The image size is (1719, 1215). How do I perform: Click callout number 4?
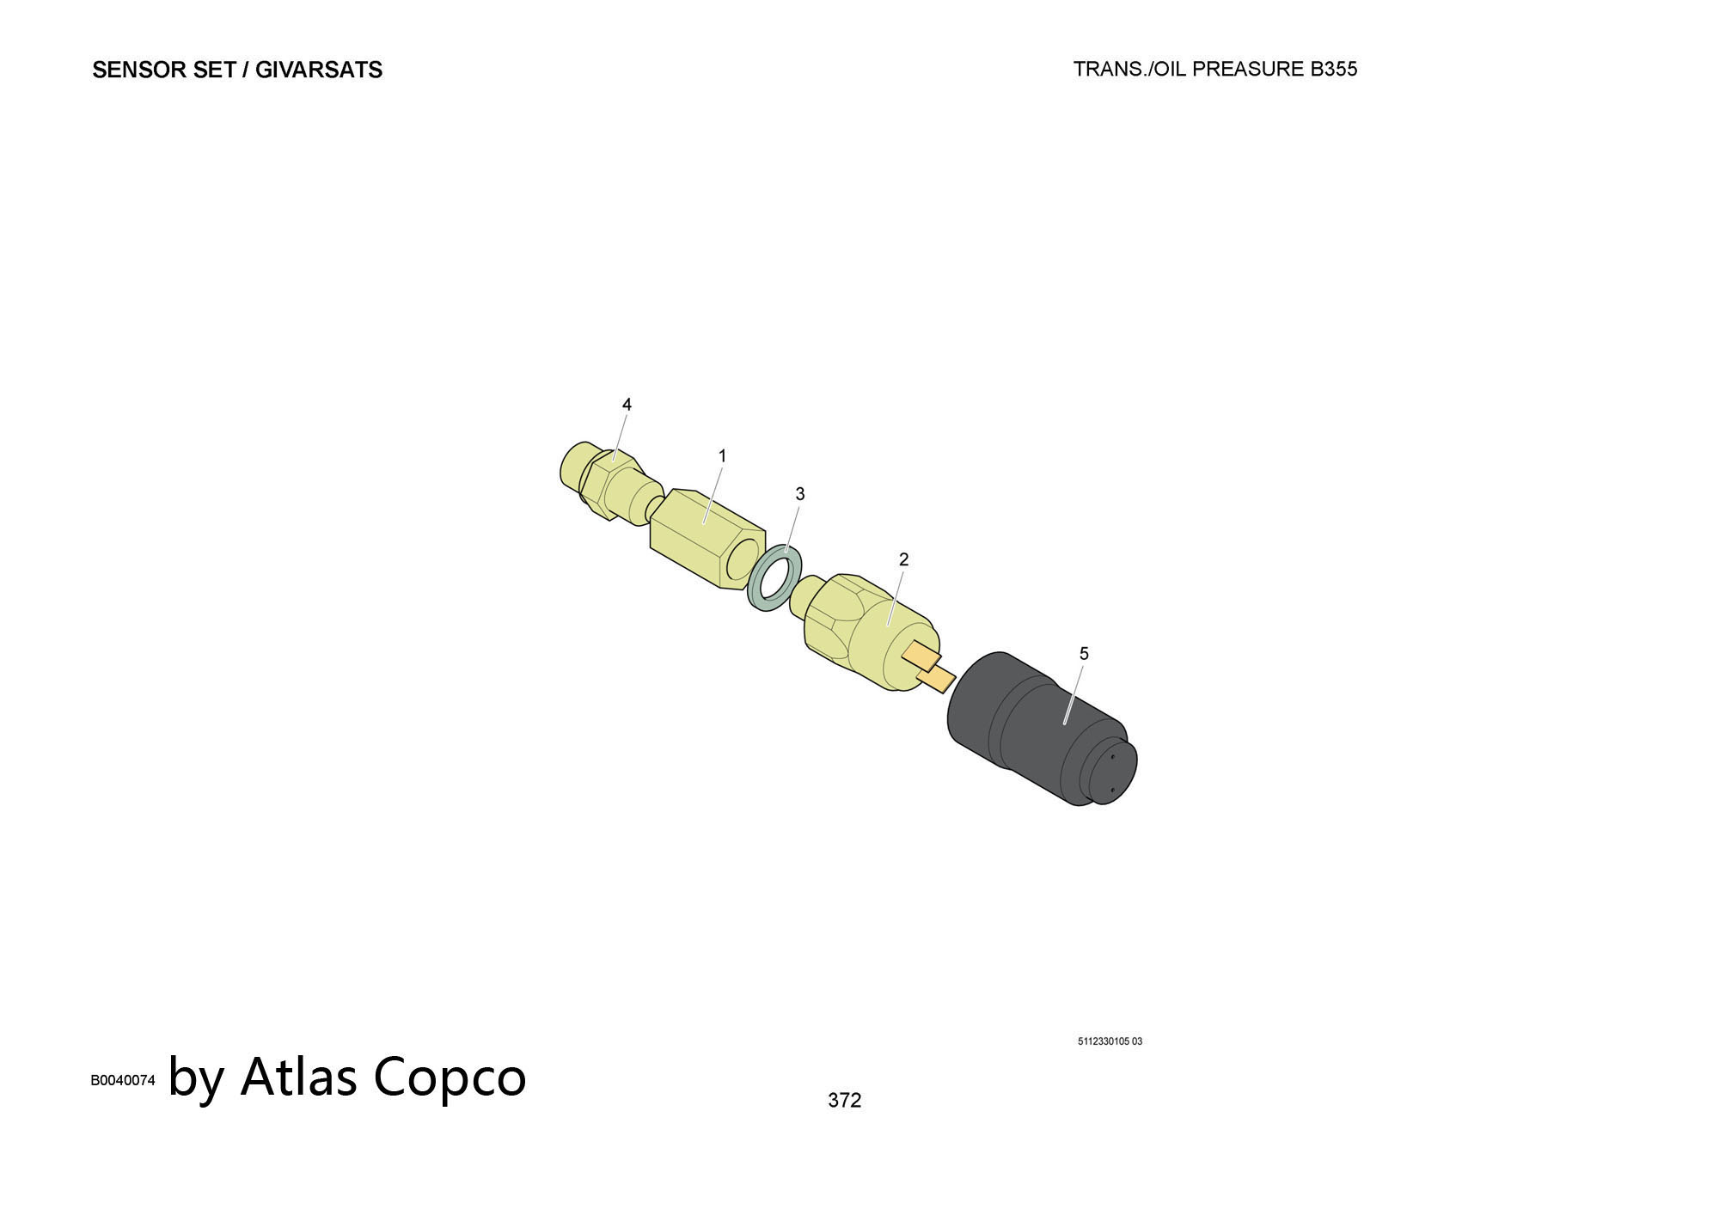[x=627, y=404]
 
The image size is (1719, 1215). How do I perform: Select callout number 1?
[x=722, y=455]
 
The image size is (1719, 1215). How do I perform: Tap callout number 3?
[x=800, y=494]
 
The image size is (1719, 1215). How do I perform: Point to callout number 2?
[x=903, y=559]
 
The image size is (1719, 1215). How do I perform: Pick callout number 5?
[x=1084, y=654]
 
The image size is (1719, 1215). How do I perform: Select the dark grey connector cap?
[x=1043, y=729]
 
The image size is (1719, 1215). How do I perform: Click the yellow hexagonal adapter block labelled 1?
[x=707, y=539]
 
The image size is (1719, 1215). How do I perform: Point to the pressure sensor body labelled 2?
[x=868, y=629]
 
